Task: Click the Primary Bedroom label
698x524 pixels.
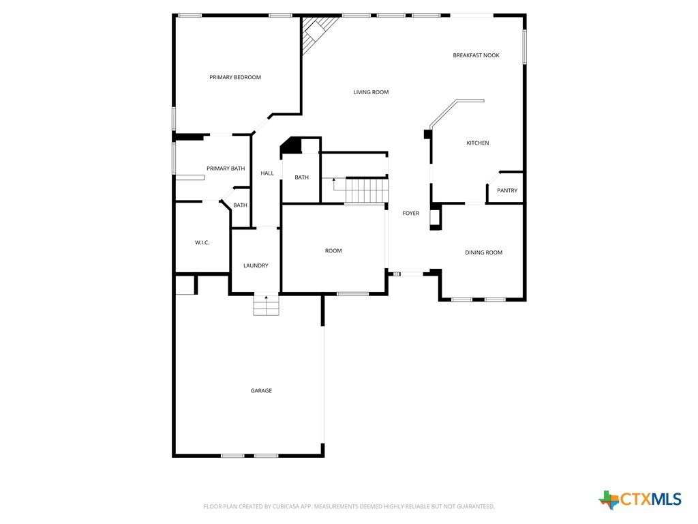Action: click(x=235, y=77)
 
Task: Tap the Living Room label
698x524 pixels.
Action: click(x=371, y=92)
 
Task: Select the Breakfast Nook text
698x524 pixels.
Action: click(x=476, y=55)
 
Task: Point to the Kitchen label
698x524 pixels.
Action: click(x=478, y=143)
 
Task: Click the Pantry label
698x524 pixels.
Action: click(x=507, y=190)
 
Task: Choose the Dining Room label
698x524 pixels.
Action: click(x=483, y=252)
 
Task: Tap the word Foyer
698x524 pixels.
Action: click(x=411, y=213)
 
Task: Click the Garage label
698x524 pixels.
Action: click(x=261, y=391)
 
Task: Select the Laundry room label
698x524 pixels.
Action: click(x=256, y=265)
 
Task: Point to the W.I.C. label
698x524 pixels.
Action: click(x=202, y=243)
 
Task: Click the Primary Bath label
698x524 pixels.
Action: click(x=226, y=169)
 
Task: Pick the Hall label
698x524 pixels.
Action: click(x=267, y=173)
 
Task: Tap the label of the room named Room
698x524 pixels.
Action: click(x=333, y=251)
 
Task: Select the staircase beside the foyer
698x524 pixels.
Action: click(x=366, y=190)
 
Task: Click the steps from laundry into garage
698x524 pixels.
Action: click(x=267, y=305)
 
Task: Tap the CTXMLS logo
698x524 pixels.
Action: click(x=640, y=499)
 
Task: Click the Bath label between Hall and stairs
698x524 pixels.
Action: click(x=301, y=177)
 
